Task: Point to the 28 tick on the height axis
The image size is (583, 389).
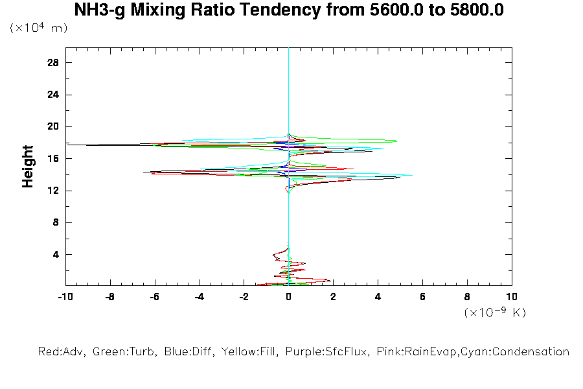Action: (53, 63)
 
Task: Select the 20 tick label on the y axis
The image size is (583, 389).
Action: (53, 126)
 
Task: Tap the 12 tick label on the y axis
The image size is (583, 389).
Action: (53, 190)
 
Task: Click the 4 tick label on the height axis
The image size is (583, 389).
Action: (56, 254)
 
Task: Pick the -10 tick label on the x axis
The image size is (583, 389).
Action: (65, 297)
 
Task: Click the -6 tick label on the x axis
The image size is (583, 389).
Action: (154, 297)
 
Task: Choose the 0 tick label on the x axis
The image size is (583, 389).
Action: (289, 297)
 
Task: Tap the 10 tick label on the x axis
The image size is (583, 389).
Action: (512, 297)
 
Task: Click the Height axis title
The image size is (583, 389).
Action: (28, 167)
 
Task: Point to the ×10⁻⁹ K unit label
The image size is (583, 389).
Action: (495, 312)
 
